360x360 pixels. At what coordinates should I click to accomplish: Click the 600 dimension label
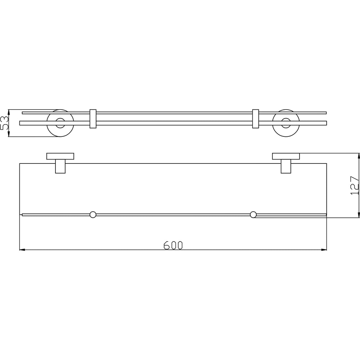[173, 245]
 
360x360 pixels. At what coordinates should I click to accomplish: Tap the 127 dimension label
[355, 185]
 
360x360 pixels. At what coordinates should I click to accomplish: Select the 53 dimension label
[4, 123]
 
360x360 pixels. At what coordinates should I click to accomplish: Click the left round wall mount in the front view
[60, 123]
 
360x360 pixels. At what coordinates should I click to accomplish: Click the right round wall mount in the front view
[286, 123]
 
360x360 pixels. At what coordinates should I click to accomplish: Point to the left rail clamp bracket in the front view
[93, 119]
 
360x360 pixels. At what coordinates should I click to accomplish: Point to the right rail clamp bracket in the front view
[256, 119]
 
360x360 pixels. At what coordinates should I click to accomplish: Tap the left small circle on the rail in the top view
[93, 215]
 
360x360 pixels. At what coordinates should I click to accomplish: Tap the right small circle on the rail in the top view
[253, 215]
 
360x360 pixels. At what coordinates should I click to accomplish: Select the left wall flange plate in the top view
[60, 156]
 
